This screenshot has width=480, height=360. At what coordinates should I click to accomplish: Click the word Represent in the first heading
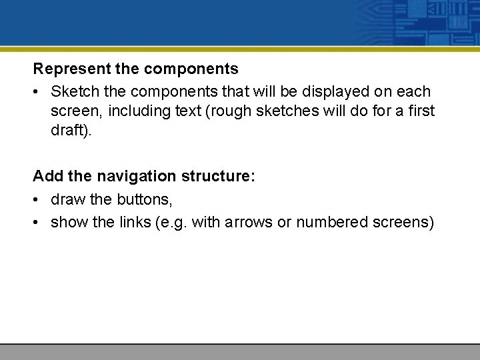click(64, 69)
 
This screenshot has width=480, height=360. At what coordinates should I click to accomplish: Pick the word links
click(134, 222)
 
